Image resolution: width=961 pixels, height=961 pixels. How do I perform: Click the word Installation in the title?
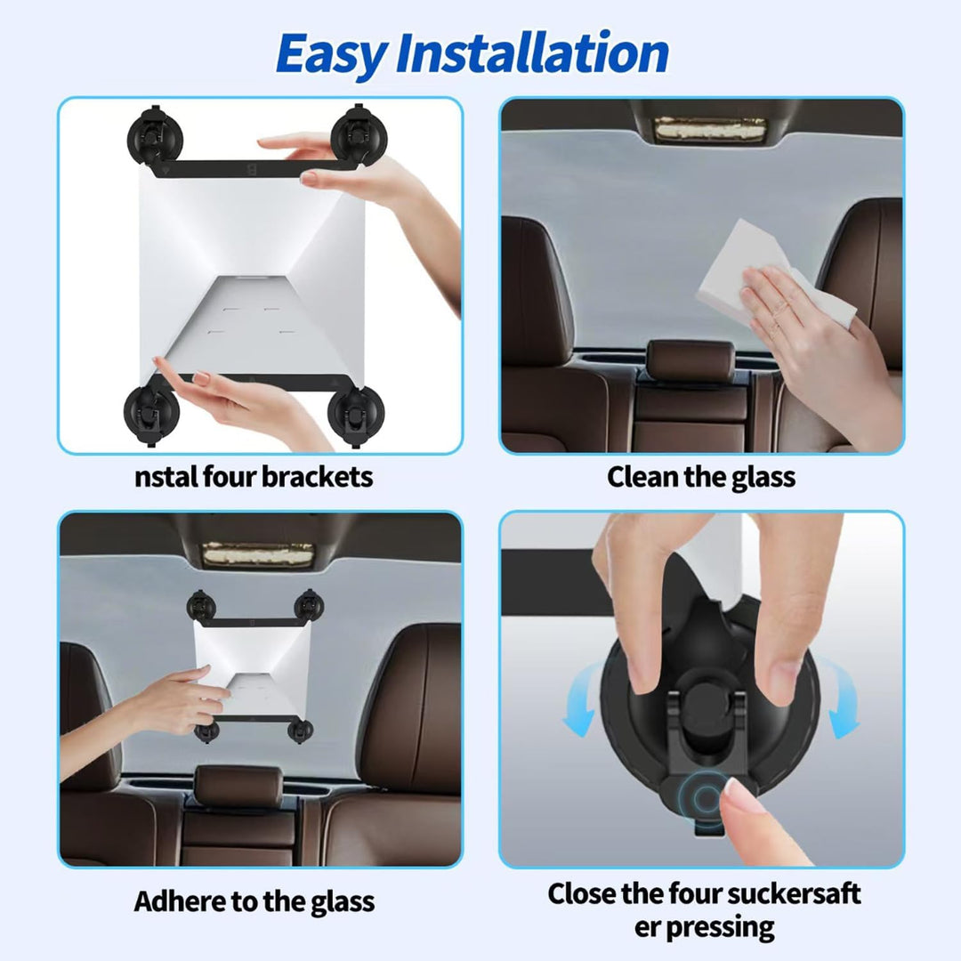pos(533,52)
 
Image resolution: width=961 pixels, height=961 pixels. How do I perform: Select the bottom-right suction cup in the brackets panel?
pos(355,415)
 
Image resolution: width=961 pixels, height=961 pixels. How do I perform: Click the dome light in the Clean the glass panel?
pos(710,129)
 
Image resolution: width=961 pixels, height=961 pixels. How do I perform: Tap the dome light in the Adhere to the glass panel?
pos(258,554)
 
